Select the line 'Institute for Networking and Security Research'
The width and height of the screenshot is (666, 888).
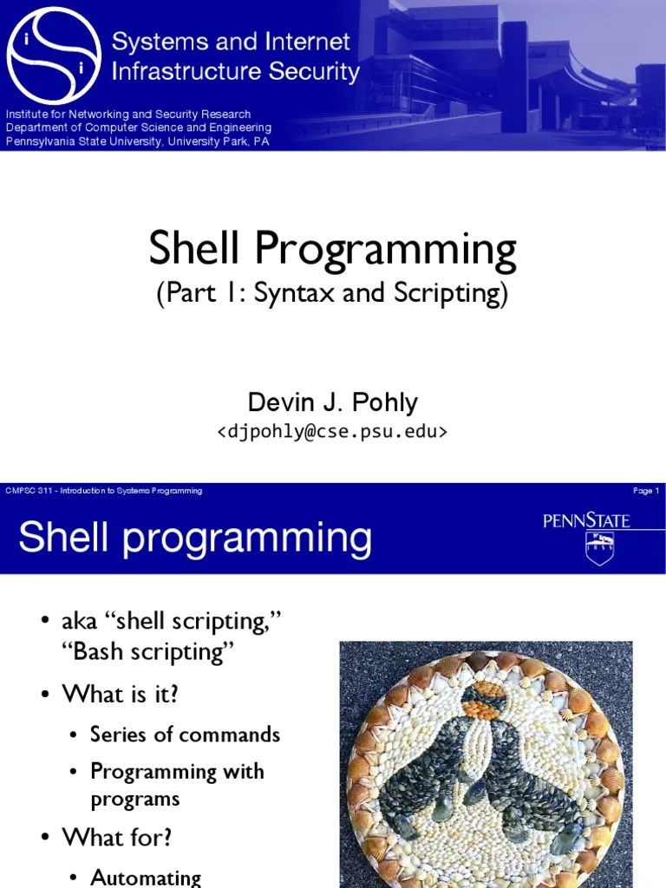pos(128,114)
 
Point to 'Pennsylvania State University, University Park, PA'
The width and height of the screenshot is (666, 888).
pos(138,141)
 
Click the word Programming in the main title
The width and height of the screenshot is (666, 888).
pos(386,250)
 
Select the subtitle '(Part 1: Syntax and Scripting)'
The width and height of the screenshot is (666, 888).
pos(332,293)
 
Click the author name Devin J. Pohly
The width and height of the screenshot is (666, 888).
pos(332,402)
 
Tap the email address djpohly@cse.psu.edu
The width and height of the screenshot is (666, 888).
pos(332,431)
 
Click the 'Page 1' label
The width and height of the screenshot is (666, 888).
pos(646,491)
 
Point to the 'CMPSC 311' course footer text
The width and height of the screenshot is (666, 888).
pos(104,491)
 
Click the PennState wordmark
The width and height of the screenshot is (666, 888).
pos(586,521)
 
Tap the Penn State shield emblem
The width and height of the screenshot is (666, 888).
pos(599,550)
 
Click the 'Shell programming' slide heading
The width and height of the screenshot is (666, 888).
pos(195,538)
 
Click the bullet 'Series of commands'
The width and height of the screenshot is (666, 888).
pos(185,735)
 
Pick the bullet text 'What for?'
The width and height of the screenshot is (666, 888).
pos(117,838)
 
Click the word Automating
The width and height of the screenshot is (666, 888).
pos(146,878)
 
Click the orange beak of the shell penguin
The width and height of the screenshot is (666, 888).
pos(479,707)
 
